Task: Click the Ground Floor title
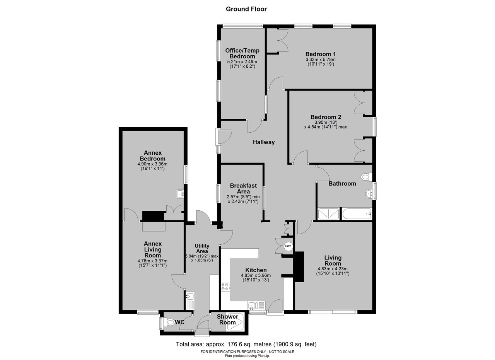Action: point(246,9)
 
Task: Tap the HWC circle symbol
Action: point(288,246)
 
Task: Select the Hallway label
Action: point(264,142)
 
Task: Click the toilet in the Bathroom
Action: point(366,177)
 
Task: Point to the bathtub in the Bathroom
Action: point(357,214)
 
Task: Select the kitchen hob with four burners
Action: point(225,287)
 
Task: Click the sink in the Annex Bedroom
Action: point(181,194)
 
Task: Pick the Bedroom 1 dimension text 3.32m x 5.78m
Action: point(321,60)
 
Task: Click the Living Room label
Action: point(333,261)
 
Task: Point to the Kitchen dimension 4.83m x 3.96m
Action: point(256,275)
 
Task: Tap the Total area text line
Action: point(246,344)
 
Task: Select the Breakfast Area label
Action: point(243,189)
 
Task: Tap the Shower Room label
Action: point(227,319)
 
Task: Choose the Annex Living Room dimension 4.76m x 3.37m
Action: point(152,261)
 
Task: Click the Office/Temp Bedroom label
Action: point(242,53)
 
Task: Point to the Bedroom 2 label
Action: point(326,117)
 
